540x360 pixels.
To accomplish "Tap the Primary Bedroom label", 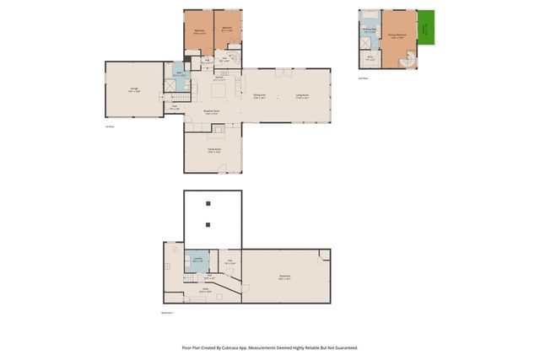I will [x=397, y=35].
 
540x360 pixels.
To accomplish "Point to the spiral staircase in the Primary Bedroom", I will [x=408, y=60].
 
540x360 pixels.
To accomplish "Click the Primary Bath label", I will [x=369, y=31].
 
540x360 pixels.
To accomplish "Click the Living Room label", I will [x=302, y=96].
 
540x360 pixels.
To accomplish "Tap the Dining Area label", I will [x=260, y=96].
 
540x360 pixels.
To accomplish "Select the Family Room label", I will [x=213, y=150].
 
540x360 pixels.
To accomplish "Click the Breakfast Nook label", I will [x=212, y=112].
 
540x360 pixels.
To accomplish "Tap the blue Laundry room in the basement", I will [x=197, y=261].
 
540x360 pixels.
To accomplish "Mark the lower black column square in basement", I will [x=208, y=224].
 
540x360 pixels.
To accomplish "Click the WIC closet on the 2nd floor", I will [x=370, y=58].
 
